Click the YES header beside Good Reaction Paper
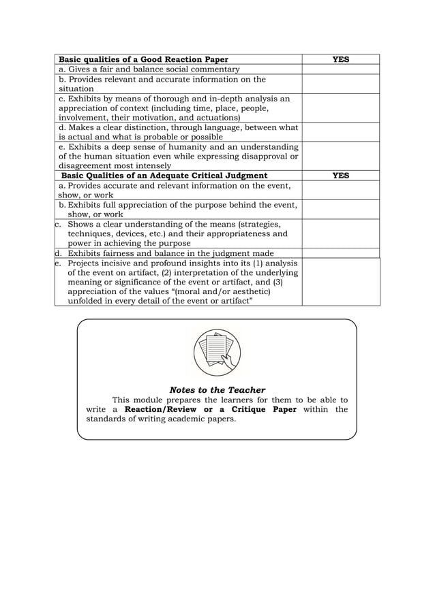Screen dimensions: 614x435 click(x=340, y=59)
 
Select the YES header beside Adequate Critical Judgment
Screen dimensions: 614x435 click(x=340, y=176)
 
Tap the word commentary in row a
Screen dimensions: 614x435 click(x=212, y=69)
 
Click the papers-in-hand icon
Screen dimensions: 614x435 click(x=216, y=352)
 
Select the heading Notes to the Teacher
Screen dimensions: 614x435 click(x=217, y=390)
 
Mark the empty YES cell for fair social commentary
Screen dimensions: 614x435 click(x=340, y=69)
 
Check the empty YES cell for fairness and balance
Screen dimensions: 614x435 click(x=340, y=253)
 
